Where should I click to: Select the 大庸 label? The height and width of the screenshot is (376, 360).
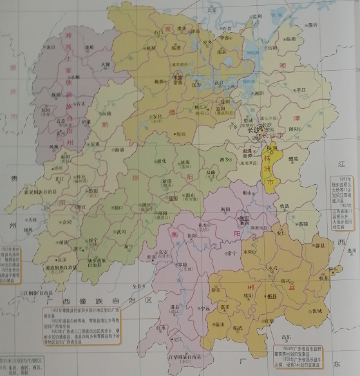pyautogui.click(x=106, y=64)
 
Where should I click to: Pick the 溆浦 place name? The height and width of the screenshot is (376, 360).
pyautogui.click(x=120, y=149)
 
